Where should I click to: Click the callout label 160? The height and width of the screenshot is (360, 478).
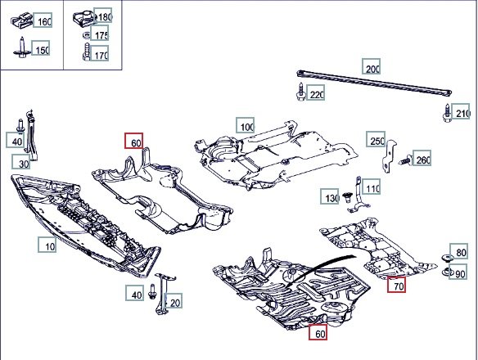point(43,20)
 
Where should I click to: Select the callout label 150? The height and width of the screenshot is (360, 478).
point(41,48)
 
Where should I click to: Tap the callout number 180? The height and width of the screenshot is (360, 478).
point(103,16)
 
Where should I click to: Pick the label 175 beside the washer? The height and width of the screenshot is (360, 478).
point(99,34)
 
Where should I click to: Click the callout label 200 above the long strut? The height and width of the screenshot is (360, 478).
point(372,66)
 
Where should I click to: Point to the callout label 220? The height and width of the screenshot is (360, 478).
point(316,93)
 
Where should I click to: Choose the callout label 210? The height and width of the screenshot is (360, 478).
point(461,111)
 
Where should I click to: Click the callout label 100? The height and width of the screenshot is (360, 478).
point(246,125)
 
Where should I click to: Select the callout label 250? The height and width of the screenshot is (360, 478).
point(376,139)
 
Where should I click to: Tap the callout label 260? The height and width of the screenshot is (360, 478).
point(422,158)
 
